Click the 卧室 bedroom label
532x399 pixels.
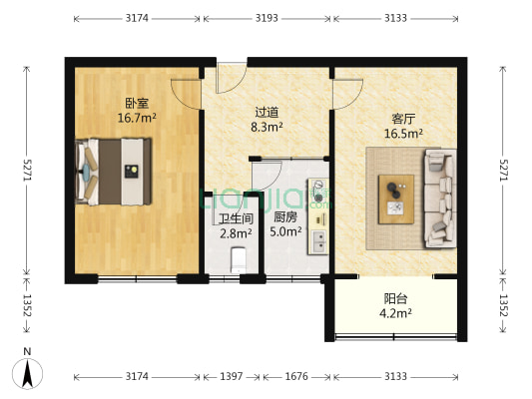point(137,103)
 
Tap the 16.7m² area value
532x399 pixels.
point(137,117)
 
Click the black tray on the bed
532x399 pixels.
point(130,171)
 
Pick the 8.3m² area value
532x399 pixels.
point(266,128)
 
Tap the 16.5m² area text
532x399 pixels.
point(404,132)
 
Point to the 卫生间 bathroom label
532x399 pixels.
point(236,218)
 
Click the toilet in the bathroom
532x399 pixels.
point(237,260)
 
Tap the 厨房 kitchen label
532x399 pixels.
point(284,217)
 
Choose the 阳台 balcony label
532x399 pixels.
point(395,298)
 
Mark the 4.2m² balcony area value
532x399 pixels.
point(397,312)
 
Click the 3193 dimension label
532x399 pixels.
point(266,19)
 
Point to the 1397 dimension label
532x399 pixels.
point(231,376)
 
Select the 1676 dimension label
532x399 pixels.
point(296,376)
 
